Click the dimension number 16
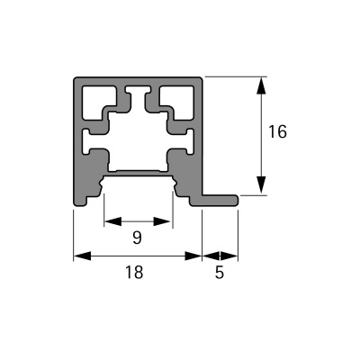277,131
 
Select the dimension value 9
137,238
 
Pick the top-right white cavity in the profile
178,100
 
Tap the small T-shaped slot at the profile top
138,92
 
